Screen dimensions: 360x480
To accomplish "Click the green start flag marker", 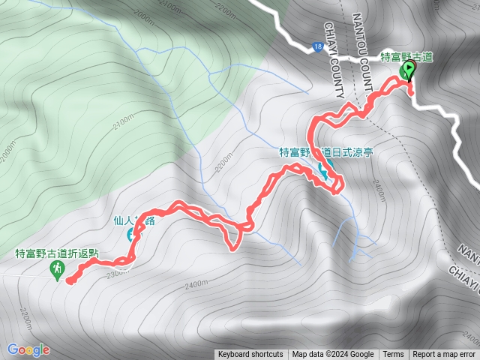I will click(409, 70).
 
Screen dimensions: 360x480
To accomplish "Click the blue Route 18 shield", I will click(319, 46).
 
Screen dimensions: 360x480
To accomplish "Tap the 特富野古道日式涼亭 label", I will click(326, 151).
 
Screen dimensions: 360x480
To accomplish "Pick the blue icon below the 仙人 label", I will click(133, 235).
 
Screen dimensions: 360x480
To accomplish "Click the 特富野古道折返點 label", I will click(56, 253).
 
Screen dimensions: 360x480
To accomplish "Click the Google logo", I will click(28, 349).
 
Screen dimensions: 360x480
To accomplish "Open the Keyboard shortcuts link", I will click(250, 355).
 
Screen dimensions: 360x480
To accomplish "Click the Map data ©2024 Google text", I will click(333, 355).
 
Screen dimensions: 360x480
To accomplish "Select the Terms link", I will click(393, 355).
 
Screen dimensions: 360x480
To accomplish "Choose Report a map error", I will click(444, 355).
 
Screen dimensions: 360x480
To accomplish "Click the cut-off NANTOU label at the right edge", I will click(469, 250).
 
